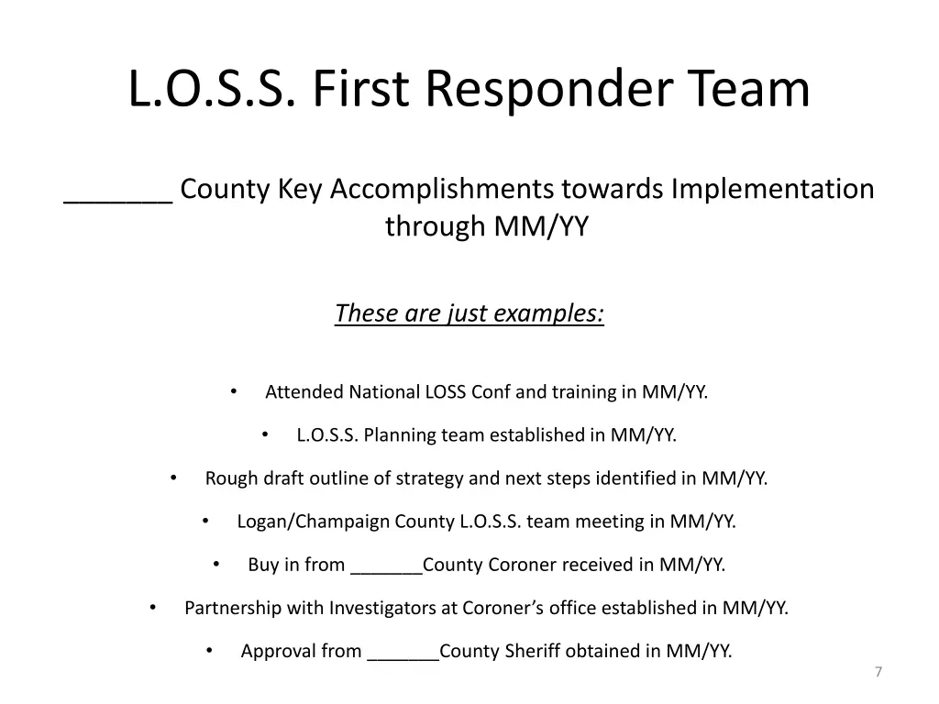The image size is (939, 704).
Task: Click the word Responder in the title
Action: pos(552,90)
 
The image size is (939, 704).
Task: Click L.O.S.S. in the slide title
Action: pos(212,90)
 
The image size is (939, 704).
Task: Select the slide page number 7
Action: pos(878,673)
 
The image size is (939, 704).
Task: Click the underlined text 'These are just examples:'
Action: pos(469,313)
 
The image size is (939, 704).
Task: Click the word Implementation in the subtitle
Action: pos(772,189)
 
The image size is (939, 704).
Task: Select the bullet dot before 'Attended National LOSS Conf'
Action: pos(234,391)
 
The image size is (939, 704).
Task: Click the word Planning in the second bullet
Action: pos(400,435)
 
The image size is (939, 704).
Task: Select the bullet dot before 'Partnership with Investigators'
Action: pos(152,607)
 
